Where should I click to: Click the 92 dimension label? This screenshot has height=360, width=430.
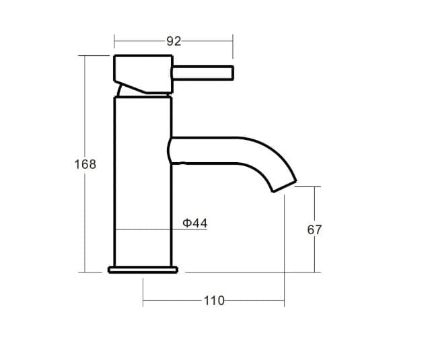pos(174,42)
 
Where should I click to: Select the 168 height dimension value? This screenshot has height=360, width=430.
pos(85,164)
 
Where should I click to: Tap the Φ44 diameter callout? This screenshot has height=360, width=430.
pos(195,223)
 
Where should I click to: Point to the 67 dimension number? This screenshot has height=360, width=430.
pos(314,229)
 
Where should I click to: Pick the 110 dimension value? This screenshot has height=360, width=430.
pos(214,301)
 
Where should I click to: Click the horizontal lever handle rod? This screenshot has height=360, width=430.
pos(203,73)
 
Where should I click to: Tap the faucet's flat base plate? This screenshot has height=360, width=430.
pos(143,270)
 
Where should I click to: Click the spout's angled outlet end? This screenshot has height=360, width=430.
pos(285,186)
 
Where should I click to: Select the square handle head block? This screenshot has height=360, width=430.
pos(143,74)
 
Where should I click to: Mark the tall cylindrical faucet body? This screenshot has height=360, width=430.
pos(143,182)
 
